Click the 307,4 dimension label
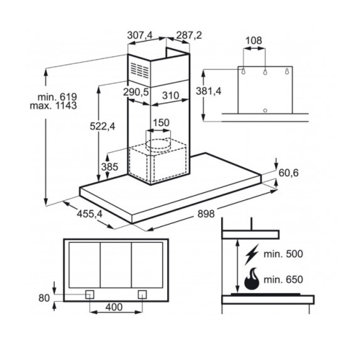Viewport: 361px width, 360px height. pyautogui.click(x=140, y=35)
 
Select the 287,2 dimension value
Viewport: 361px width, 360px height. pyautogui.click(x=189, y=35)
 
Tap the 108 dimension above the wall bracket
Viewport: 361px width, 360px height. pyautogui.click(x=254, y=41)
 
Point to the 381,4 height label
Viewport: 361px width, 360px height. pyautogui.click(x=208, y=92)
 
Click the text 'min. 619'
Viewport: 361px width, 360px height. pyautogui.click(x=57, y=97)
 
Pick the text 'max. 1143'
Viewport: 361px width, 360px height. pyautogui.click(x=53, y=106)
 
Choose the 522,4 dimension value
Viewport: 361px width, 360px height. pyautogui.click(x=102, y=127)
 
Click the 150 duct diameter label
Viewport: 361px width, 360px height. pyautogui.click(x=161, y=122)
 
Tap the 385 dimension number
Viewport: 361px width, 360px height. pyautogui.click(x=110, y=167)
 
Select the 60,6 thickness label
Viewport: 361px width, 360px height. pyautogui.click(x=288, y=173)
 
